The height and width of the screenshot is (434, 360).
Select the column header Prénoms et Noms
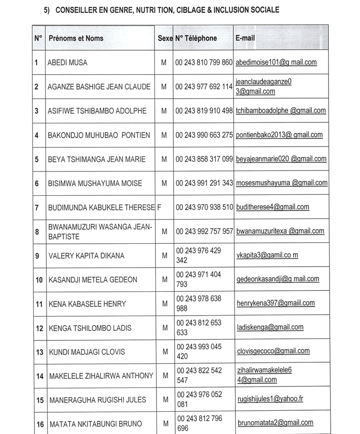click(x=75, y=38)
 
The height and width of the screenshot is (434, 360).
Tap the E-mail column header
click(x=246, y=38)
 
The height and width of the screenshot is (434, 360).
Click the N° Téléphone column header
click(x=196, y=38)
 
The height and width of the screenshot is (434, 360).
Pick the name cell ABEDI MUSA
click(x=67, y=63)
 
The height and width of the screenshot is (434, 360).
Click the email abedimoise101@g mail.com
click(x=276, y=62)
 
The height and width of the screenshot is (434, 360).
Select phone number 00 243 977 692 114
click(x=204, y=86)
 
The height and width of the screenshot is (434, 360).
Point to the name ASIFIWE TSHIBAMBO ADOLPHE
click(x=97, y=111)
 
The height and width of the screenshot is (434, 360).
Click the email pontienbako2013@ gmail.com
click(x=279, y=135)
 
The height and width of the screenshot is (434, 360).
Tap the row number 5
click(x=37, y=159)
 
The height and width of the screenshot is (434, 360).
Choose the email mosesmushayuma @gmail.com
click(x=282, y=183)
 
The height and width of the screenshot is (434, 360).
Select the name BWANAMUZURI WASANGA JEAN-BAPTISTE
click(x=100, y=232)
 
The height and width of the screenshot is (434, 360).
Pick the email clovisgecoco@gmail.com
click(x=273, y=351)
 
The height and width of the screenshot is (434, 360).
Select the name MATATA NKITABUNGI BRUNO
click(x=95, y=424)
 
